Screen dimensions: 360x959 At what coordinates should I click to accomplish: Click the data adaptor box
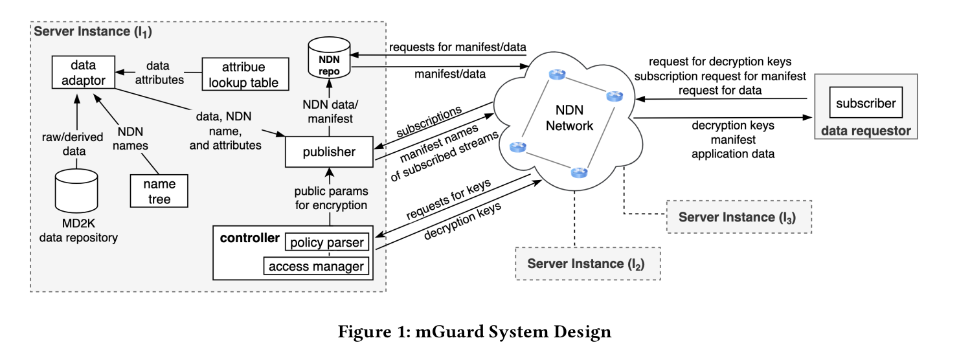84,73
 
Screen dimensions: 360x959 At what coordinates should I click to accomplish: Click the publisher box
329,152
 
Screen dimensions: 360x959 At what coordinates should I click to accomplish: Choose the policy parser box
326,243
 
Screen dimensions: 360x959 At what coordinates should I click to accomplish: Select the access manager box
316,266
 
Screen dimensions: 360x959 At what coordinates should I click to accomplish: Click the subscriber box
866,103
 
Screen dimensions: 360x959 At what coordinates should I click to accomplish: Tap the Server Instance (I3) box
739,217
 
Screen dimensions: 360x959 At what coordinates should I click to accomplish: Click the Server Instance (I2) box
587,264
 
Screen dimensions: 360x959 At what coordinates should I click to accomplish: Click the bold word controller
250,238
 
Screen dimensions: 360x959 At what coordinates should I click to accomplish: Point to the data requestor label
866,131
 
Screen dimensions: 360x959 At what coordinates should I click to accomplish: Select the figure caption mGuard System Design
474,332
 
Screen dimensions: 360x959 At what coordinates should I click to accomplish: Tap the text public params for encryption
331,198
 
